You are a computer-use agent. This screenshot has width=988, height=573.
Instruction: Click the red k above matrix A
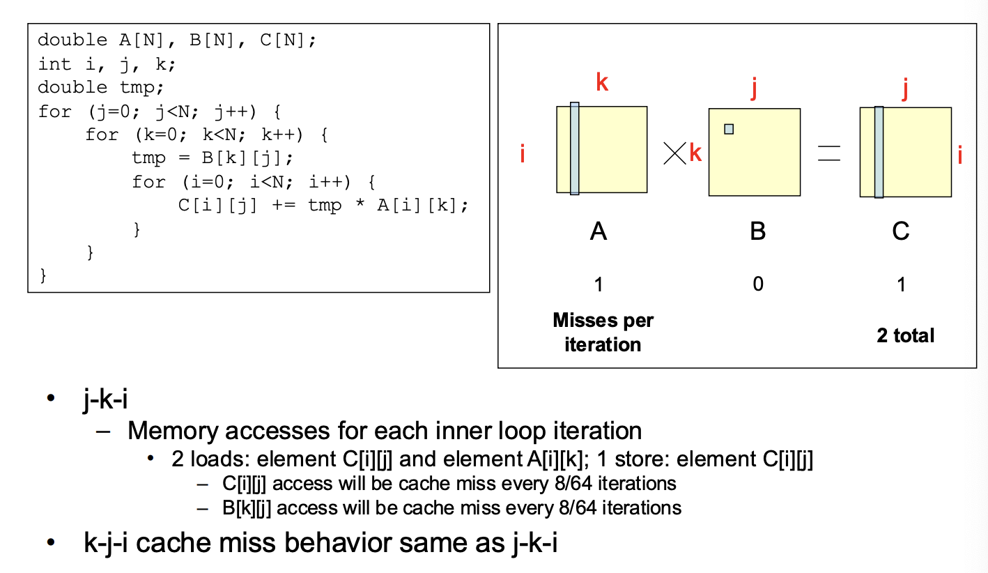[x=602, y=82]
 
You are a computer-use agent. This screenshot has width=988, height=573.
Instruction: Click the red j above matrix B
[x=754, y=88]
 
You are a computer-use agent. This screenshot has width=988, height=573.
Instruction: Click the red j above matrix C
[x=905, y=89]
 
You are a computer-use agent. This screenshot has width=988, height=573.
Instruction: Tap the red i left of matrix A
[x=523, y=153]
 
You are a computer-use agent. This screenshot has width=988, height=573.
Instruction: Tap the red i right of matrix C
[x=959, y=155]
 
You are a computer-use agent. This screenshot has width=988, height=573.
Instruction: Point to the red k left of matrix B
[x=695, y=153]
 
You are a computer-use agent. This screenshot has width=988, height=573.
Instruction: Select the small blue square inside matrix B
[x=729, y=129]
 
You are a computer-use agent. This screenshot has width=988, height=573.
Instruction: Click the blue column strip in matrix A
[x=574, y=148]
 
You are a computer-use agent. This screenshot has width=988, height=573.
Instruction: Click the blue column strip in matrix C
[x=879, y=152]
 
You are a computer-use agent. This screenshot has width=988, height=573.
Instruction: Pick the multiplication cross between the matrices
[x=675, y=153]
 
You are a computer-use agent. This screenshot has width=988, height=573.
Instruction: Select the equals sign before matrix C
[x=829, y=153]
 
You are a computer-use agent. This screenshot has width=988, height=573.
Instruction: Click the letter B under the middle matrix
[x=758, y=231]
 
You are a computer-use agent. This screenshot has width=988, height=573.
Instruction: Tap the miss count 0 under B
[x=758, y=284]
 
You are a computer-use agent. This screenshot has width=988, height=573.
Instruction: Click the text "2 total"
[x=905, y=335]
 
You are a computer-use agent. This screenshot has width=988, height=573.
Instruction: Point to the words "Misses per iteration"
[x=603, y=332]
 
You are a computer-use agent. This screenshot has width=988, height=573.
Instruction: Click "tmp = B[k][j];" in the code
[x=212, y=158]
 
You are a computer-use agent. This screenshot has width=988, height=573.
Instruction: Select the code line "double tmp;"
[x=100, y=87]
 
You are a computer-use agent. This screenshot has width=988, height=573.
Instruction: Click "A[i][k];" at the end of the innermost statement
[x=422, y=205]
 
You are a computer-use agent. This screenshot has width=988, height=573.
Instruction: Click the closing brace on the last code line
[x=43, y=275]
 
